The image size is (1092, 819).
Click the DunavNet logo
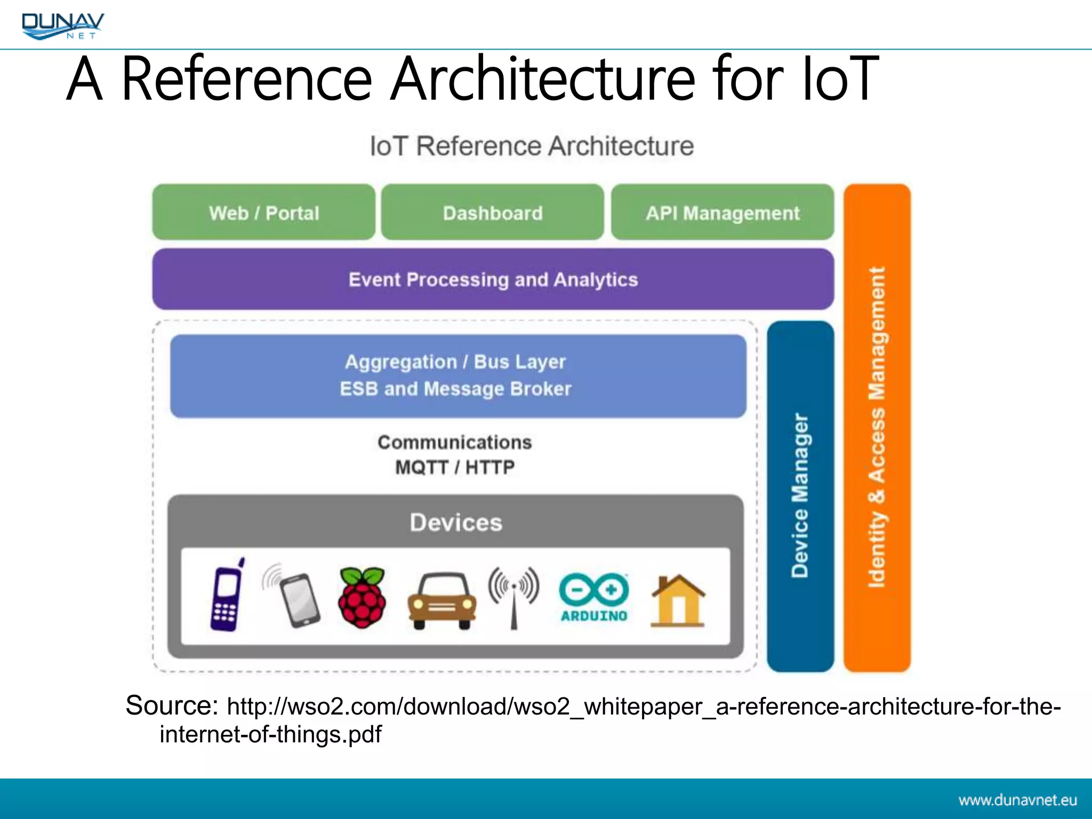pos(63,26)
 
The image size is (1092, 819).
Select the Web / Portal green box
pos(264,213)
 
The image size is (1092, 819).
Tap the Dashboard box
pos(493,213)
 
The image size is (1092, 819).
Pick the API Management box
pos(722,213)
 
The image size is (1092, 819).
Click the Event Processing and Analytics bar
pos(493,279)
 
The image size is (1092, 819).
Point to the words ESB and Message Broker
pos(455,389)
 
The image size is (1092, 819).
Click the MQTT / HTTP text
pos(455,468)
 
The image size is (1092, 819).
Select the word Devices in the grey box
pos(456,523)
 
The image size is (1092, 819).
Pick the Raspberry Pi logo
pos(362,597)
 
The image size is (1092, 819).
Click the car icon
pos(442,601)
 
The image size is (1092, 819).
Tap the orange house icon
pos(678,600)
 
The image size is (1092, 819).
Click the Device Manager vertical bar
pos(800,496)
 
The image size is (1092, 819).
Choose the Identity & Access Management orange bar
pos(877,427)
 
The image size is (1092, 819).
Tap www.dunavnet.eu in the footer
pos(1017,800)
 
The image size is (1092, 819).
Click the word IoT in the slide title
pos(840,79)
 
